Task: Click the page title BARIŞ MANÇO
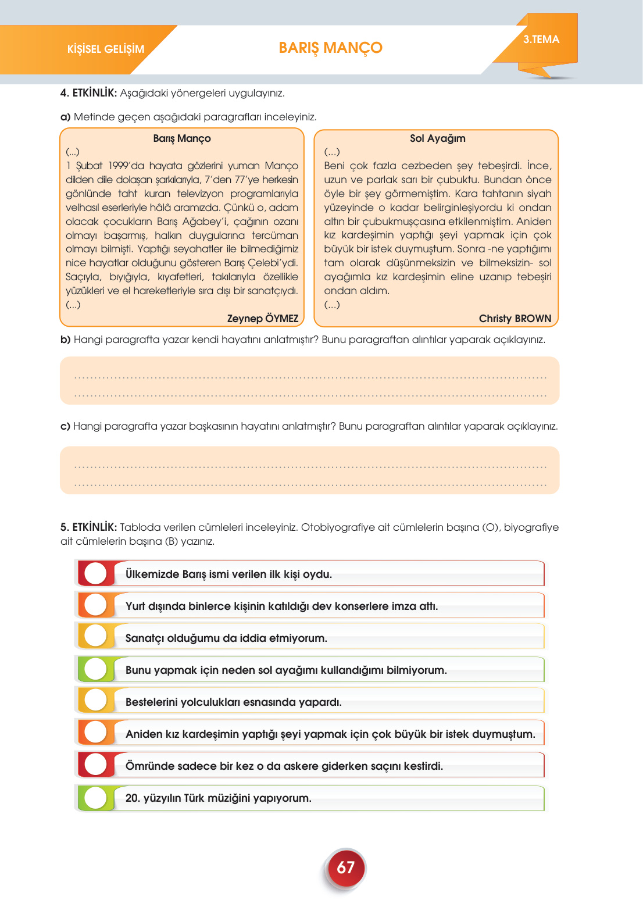tap(330, 48)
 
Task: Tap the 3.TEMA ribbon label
tap(541, 40)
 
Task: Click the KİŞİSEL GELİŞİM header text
tap(105, 49)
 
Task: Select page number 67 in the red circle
tap(345, 867)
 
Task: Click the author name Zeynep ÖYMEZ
tap(262, 319)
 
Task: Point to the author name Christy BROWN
tap(515, 319)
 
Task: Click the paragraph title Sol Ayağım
tap(437, 138)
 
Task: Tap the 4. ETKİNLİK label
tap(88, 93)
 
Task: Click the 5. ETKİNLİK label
tap(88, 527)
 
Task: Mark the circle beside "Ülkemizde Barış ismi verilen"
tap(96, 573)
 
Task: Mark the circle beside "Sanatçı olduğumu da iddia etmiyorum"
tap(96, 637)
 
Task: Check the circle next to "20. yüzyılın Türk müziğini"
tap(96, 797)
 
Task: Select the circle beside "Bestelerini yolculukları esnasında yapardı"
tap(96, 701)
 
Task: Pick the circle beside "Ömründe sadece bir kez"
tap(96, 765)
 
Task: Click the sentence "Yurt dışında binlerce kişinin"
tap(281, 606)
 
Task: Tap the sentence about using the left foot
tap(286, 670)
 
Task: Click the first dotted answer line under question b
tap(310, 377)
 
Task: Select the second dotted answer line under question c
tap(310, 484)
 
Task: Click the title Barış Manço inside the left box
tap(181, 138)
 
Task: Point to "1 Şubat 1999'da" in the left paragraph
tap(105, 166)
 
